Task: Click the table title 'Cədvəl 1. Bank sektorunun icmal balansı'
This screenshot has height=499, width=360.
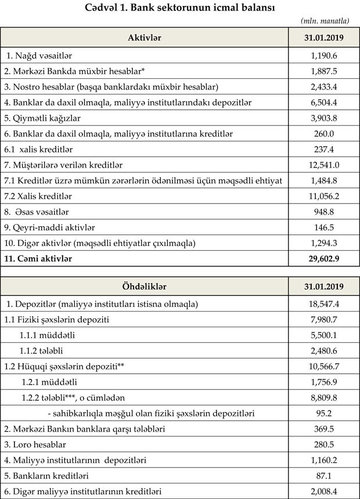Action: [180, 8]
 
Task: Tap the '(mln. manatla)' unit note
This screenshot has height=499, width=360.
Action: [325, 21]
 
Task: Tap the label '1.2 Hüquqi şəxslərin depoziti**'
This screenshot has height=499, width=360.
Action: [61, 367]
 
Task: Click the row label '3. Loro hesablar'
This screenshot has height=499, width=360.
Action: [35, 444]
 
